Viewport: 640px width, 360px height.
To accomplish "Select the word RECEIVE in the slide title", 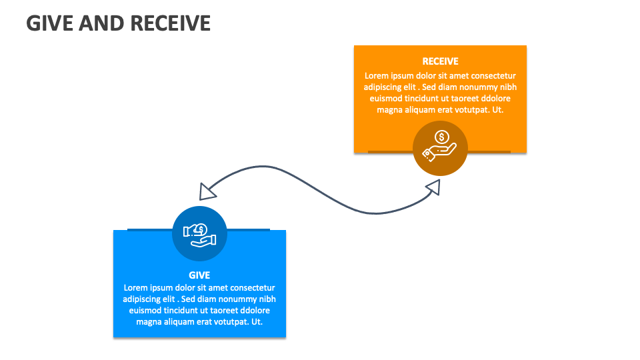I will (170, 23).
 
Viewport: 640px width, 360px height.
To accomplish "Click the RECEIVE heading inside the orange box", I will (440, 61).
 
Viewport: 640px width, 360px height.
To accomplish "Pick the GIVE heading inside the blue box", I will (199, 275).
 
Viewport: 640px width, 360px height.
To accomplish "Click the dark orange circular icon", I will (440, 149).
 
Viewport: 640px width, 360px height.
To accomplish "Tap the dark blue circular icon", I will (199, 233).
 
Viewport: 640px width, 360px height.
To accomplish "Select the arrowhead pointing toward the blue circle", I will (208, 191).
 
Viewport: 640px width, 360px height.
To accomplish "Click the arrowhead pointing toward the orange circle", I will (431, 188).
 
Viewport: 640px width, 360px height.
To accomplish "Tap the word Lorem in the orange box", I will (376, 76).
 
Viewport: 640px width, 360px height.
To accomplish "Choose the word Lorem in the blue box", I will (135, 288).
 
